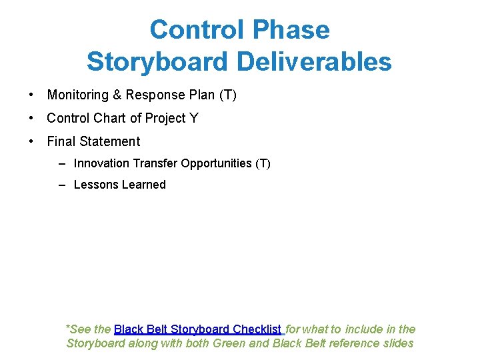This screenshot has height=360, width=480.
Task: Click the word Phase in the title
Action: point(293,30)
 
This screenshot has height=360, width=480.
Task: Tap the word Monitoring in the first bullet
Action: point(77,95)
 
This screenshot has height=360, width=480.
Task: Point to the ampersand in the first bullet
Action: point(117,95)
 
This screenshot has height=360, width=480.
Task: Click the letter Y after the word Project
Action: point(194,119)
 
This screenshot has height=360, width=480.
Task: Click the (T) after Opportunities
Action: point(263,163)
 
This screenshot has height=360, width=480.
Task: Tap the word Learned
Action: point(141,185)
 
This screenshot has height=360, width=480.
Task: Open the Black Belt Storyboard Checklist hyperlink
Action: point(198,329)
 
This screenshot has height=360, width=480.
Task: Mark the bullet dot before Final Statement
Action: point(31,141)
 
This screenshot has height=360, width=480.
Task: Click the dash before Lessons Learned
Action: point(61,185)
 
